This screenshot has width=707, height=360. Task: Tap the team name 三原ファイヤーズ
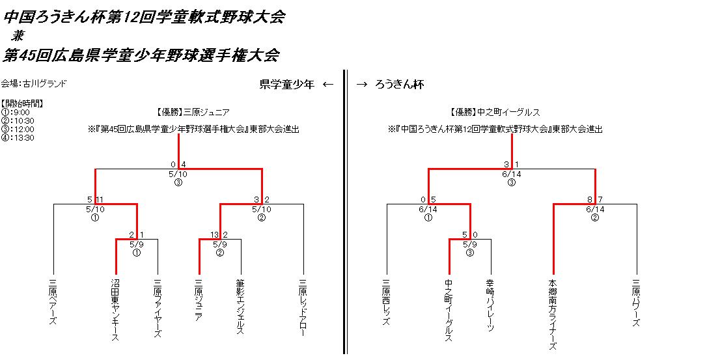157,309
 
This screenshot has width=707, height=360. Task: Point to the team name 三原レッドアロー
303,309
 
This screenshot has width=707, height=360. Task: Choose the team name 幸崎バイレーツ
490,306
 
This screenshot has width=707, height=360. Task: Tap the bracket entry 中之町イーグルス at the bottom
449,310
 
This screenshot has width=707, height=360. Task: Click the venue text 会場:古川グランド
34,83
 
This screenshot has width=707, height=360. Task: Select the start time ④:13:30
18,137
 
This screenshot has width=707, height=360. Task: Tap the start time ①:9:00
15,112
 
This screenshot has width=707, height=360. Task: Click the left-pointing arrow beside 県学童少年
328,84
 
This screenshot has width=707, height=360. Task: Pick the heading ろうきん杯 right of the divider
400,84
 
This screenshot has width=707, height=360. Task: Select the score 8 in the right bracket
589,199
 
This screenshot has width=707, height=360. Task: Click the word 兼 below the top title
18,36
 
